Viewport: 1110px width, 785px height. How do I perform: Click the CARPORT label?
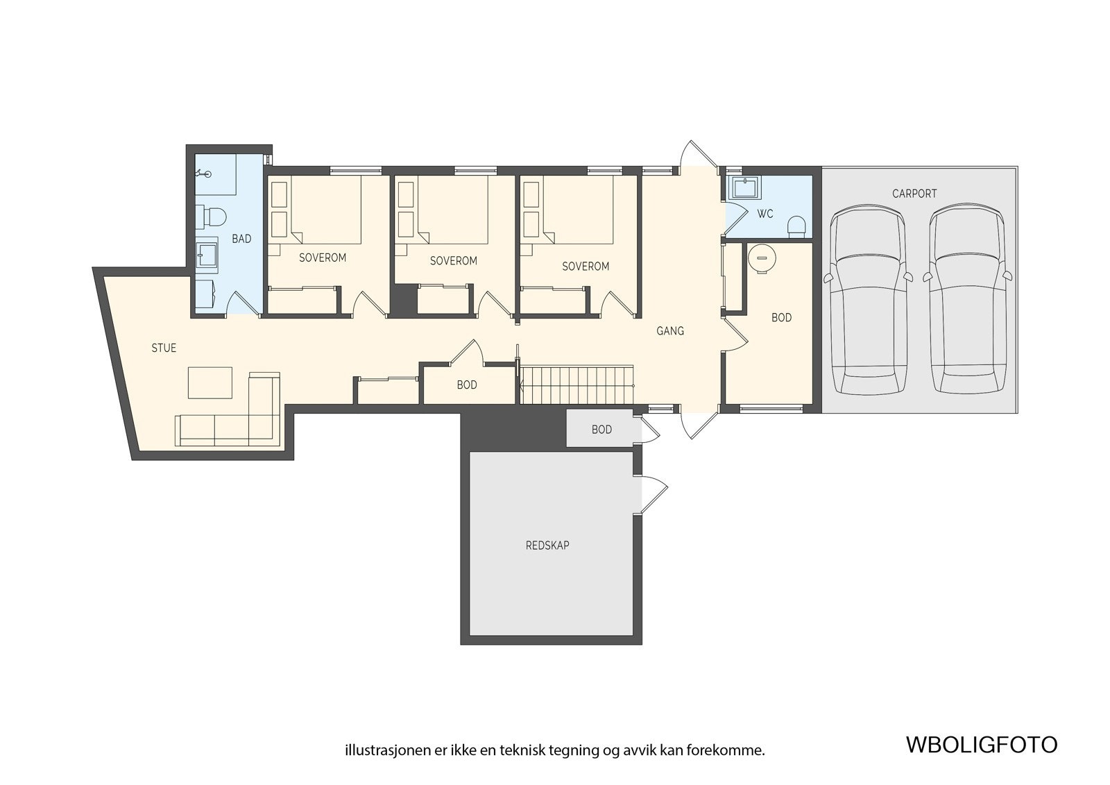click(914, 194)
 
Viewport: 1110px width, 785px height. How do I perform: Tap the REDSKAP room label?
click(547, 546)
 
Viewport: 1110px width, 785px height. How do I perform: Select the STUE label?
click(164, 348)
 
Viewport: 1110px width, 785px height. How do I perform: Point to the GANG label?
click(670, 331)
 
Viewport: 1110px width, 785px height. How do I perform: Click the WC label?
click(765, 214)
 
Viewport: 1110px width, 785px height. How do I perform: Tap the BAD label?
click(242, 239)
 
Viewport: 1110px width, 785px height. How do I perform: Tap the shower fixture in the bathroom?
click(203, 174)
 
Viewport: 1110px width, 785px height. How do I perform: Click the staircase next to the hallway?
click(577, 385)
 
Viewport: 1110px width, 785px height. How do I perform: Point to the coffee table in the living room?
click(210, 382)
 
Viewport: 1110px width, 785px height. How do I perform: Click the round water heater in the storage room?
click(762, 258)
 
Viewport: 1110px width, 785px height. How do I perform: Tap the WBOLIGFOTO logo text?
click(982, 745)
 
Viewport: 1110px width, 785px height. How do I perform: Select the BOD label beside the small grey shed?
click(601, 430)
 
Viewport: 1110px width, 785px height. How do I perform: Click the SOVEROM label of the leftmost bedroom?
click(322, 258)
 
